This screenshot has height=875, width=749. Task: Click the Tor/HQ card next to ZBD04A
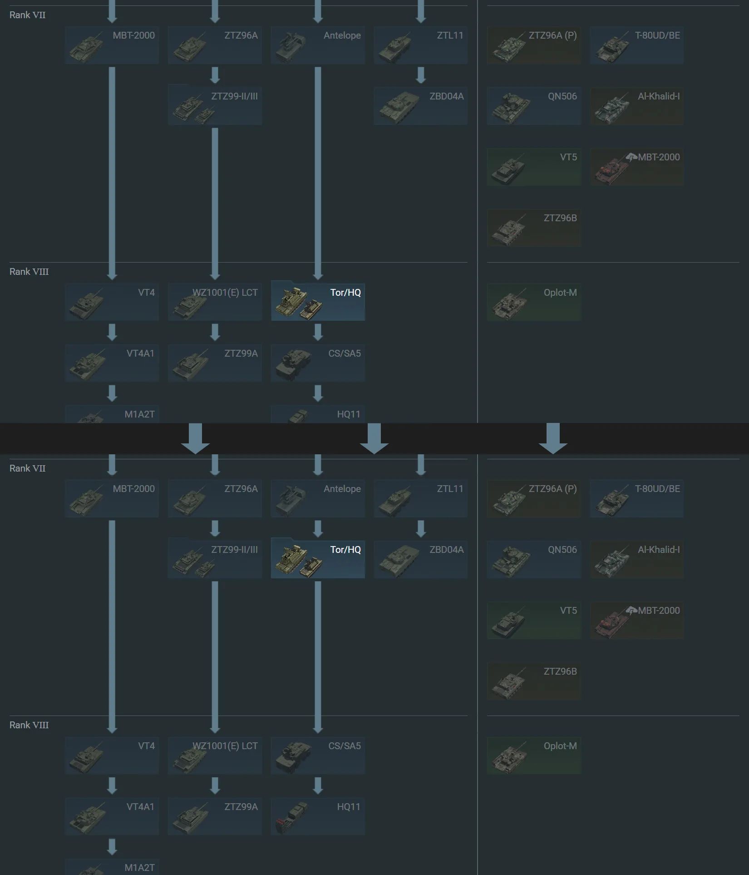[x=318, y=558]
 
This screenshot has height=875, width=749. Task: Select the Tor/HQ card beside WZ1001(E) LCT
[x=318, y=301]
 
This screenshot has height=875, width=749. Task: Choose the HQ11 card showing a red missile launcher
[x=318, y=816]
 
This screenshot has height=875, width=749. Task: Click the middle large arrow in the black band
[x=374, y=438]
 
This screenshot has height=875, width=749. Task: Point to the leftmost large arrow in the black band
[x=195, y=438]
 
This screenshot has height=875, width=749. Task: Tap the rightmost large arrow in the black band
[x=553, y=438]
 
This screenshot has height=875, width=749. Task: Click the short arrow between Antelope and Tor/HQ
[x=318, y=529]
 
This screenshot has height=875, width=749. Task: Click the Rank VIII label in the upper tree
[x=29, y=272]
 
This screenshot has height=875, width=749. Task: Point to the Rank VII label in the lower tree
[x=28, y=468]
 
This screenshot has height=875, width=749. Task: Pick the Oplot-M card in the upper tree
[x=534, y=302]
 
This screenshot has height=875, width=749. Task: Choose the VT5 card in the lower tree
[x=534, y=620]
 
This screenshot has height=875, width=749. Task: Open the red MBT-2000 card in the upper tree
[x=637, y=167]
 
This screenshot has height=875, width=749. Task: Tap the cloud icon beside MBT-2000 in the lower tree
[x=631, y=611]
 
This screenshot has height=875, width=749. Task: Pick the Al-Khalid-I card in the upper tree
[x=637, y=106]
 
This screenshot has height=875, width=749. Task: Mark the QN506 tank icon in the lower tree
[x=511, y=562]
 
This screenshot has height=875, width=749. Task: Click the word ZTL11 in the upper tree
[x=450, y=35]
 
